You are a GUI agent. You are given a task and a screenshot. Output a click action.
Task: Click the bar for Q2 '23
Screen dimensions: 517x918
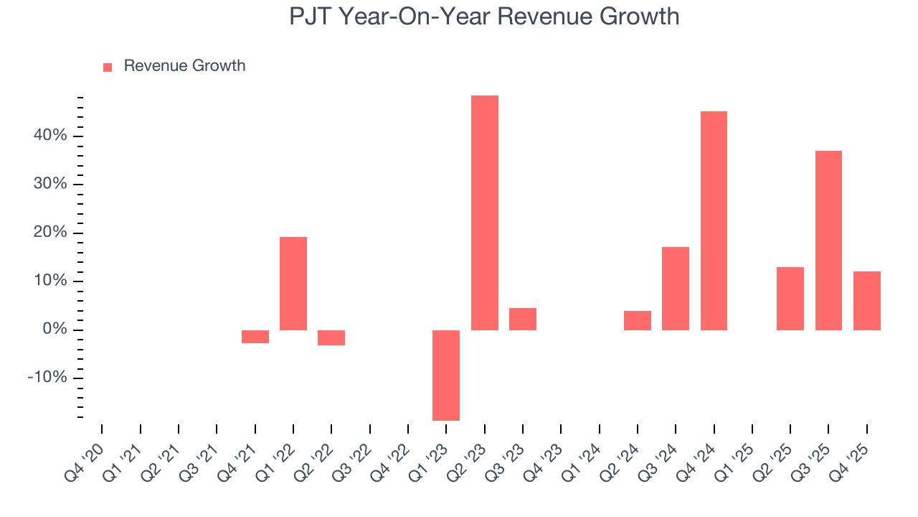484,213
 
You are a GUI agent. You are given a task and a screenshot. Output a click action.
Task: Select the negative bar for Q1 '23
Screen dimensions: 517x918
446,375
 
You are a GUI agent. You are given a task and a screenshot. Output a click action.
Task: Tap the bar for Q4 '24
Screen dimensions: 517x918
714,220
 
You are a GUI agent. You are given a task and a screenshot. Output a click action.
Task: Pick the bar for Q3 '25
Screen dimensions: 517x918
828,240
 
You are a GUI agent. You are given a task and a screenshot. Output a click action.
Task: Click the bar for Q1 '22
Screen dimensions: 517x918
293,283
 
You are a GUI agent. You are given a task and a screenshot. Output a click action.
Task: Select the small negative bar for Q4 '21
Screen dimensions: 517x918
255,336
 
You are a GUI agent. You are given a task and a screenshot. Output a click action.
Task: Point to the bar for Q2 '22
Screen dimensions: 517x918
331,337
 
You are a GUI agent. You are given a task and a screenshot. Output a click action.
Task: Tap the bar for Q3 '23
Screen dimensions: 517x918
523,319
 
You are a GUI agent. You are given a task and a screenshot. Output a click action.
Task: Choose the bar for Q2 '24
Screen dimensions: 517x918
638,320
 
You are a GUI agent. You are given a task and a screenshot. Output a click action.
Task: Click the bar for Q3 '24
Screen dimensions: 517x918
676,288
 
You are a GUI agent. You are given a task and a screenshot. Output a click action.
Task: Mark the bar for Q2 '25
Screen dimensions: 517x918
790,298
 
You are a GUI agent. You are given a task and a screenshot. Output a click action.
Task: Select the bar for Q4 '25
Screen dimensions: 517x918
866,300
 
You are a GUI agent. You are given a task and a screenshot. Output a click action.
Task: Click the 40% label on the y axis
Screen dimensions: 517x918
49,136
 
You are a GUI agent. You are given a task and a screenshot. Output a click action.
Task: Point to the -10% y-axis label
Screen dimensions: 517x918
47,378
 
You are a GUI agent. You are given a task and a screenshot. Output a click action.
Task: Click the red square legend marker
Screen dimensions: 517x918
108,67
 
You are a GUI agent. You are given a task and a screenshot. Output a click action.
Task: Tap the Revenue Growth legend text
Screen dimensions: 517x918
184,66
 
